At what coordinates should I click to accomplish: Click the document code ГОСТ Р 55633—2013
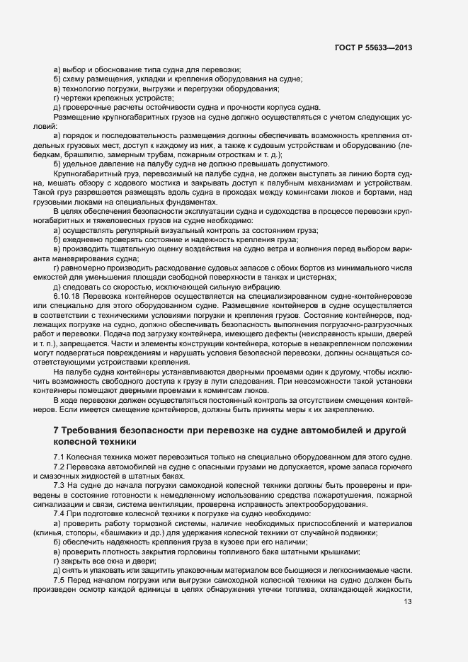pyautogui.click(x=373, y=47)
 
